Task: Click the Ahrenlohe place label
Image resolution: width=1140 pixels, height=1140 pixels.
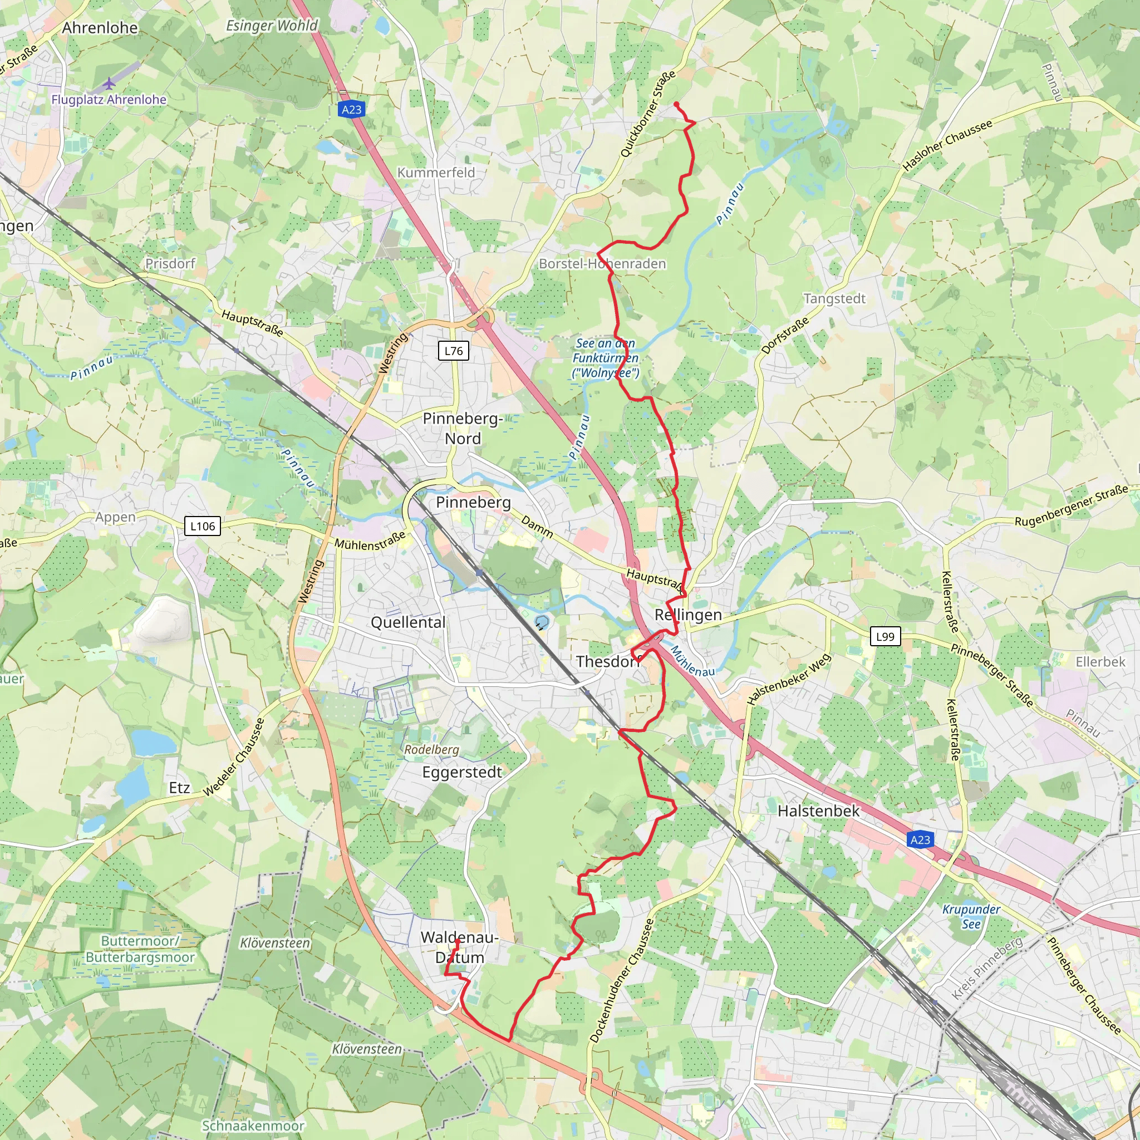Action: [x=100, y=28]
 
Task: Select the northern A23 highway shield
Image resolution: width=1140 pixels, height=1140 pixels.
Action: [x=351, y=109]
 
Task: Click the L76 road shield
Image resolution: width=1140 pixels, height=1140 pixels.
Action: [x=453, y=351]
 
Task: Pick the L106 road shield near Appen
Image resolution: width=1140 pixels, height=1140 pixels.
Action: [x=203, y=525]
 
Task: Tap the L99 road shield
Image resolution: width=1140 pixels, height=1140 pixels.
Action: [x=885, y=636]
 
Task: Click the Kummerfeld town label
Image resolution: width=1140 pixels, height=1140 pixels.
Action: [x=436, y=173]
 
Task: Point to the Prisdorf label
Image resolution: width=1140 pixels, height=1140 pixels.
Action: [x=170, y=263]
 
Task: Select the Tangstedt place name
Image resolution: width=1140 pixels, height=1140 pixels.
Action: [x=834, y=298]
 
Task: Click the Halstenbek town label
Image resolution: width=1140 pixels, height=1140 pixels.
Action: [x=818, y=810]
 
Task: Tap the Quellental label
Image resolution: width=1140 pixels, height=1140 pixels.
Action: [x=407, y=622]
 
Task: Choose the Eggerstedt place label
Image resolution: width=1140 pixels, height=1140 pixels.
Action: [x=462, y=772]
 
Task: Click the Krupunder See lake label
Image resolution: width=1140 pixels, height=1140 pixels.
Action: [x=971, y=916]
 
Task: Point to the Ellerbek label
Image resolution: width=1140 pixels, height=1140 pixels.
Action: [x=1100, y=661]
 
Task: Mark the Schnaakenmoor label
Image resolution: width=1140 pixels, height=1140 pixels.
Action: [x=253, y=1125]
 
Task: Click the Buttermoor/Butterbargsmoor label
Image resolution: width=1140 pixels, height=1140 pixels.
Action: [x=140, y=949]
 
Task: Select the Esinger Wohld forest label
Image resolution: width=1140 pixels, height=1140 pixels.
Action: [x=272, y=26]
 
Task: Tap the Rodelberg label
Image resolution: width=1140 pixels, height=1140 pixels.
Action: [x=431, y=749]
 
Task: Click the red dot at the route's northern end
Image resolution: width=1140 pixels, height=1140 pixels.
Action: [x=676, y=105]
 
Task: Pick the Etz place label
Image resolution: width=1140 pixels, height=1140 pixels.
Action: [x=179, y=788]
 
